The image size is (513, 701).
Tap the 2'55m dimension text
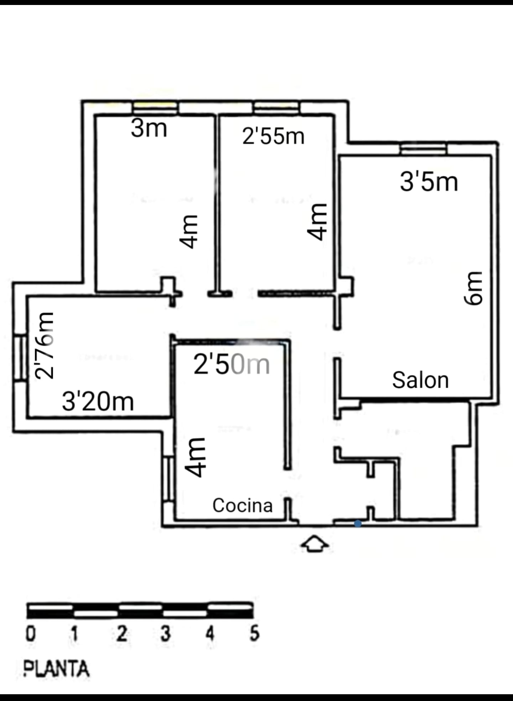[273, 136]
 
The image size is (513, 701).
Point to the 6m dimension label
[474, 288]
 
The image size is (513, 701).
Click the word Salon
[420, 380]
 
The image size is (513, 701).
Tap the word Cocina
[243, 506]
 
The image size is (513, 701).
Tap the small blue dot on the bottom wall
[358, 523]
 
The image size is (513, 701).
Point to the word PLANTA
[56, 668]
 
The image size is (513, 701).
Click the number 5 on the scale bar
[254, 634]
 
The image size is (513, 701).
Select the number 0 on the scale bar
[31, 634]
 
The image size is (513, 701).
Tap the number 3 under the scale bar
[165, 634]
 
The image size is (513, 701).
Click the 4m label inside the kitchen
[195, 457]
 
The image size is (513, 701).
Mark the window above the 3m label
[155, 108]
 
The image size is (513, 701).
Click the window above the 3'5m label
[423, 149]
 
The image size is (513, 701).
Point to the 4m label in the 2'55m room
[317, 222]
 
